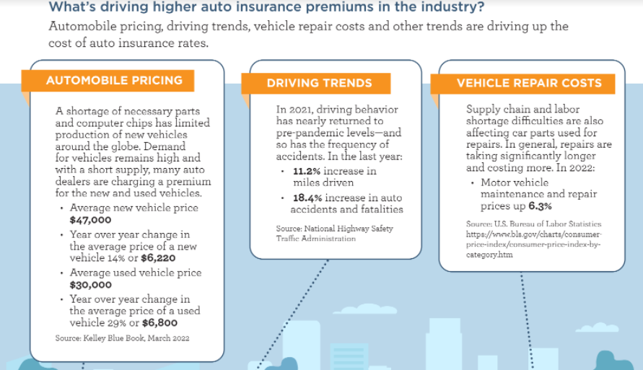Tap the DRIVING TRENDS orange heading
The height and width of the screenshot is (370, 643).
[319, 83]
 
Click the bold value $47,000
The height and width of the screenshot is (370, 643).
[90, 220]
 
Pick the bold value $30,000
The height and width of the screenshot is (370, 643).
[90, 285]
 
